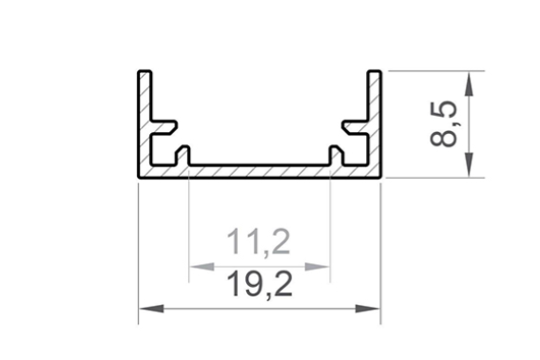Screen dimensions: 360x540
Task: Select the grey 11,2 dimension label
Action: coord(259,244)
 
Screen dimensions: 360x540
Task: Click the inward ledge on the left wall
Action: coord(164,126)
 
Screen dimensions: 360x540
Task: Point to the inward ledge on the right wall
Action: coord(357,126)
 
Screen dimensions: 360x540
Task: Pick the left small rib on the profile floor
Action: coord(183,155)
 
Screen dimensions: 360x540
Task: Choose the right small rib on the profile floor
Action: coord(337,155)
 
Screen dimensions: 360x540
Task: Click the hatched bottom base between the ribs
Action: coord(260,170)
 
